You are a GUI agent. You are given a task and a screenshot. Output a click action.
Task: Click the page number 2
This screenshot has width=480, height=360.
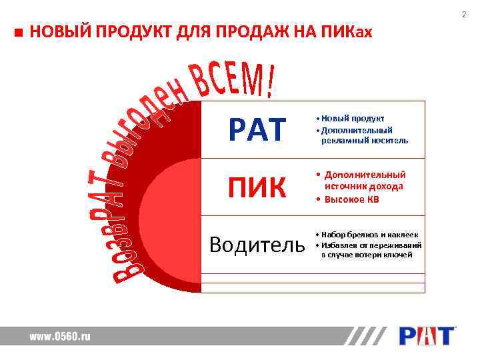464,14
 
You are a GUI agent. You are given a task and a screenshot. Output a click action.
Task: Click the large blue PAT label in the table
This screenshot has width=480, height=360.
257,129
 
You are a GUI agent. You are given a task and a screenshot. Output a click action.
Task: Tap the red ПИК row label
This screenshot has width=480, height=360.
257,187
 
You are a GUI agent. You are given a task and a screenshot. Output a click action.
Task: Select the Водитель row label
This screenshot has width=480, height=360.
257,245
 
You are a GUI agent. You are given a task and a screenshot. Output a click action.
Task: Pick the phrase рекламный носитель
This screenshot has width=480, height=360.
364,141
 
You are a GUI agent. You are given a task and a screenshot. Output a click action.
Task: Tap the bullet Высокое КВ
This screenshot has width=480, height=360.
351,199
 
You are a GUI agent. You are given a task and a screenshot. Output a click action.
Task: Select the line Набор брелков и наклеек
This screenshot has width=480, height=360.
369,235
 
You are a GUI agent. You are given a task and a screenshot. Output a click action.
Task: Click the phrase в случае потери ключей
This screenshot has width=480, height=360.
367,255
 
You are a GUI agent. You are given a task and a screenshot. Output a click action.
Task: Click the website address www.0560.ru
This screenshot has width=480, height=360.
59,337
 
